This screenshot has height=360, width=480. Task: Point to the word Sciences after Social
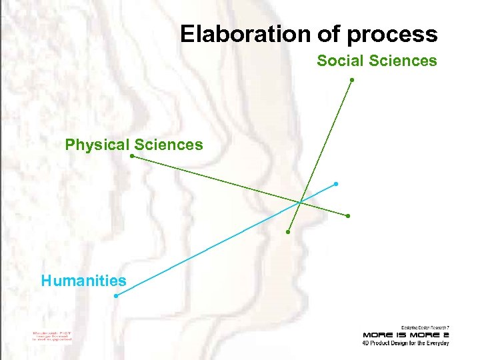pyautogui.click(x=403, y=61)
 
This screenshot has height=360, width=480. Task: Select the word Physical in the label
pyautogui.click(x=97, y=145)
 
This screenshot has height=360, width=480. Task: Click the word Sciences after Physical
pyautogui.click(x=169, y=145)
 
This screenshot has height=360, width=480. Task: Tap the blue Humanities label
pyautogui.click(x=83, y=281)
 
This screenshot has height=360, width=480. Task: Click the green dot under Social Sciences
pyautogui.click(x=352, y=80)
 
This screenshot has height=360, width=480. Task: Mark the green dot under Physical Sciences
pyautogui.click(x=132, y=157)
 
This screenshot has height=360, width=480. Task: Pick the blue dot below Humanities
pyautogui.click(x=116, y=296)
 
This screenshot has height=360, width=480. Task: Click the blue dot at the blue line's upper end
pyautogui.click(x=336, y=183)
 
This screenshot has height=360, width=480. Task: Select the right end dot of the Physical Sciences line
pyautogui.click(x=348, y=216)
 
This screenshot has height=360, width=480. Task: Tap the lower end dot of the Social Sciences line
pyautogui.click(x=288, y=232)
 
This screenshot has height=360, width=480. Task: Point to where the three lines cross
pyautogui.click(x=301, y=201)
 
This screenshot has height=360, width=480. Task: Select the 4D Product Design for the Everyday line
pyautogui.click(x=405, y=343)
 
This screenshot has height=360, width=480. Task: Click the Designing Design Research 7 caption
pyautogui.click(x=425, y=326)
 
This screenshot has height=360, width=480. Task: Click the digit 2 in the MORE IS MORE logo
pyautogui.click(x=445, y=334)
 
